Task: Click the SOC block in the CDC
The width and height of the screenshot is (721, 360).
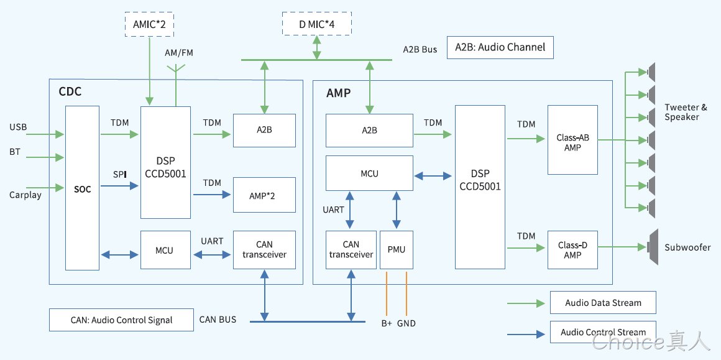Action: pos(82,188)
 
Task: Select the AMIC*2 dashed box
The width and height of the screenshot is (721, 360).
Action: pos(149,24)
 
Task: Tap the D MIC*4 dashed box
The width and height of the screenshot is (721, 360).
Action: pos(317,24)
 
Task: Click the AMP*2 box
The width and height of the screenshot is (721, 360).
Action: pos(264,195)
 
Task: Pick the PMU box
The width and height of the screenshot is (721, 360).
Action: pos(397,250)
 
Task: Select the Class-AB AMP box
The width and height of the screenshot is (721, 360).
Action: pos(572,140)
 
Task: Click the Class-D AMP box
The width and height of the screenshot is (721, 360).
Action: pos(572,250)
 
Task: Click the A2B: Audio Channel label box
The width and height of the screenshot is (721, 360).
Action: pos(500,47)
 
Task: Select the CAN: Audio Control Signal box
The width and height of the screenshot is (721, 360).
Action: pos(121,320)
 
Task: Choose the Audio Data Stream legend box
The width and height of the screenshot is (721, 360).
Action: pos(603,303)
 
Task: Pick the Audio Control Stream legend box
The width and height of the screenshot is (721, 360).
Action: pos(603,332)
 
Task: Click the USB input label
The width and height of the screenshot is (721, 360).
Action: pos(18,127)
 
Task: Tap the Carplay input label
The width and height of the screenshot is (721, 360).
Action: pos(25,195)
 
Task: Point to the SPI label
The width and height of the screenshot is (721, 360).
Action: pos(119,175)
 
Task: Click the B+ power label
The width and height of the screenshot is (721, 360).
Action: pos(387,323)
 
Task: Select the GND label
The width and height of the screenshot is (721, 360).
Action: pos(406,323)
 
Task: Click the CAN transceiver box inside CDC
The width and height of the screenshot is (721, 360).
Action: pos(264,250)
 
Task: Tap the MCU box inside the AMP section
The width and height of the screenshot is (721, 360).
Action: pos(369,173)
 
